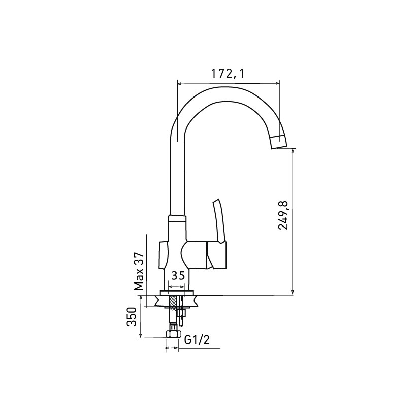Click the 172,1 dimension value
click(x=228, y=74)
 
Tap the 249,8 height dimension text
click(x=283, y=215)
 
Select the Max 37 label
click(x=139, y=272)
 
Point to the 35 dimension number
click(x=178, y=275)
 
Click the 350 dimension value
click(x=132, y=316)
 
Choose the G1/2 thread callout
click(x=197, y=340)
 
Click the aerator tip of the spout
click(x=278, y=142)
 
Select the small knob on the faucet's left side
click(x=164, y=255)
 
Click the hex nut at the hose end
click(x=172, y=334)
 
